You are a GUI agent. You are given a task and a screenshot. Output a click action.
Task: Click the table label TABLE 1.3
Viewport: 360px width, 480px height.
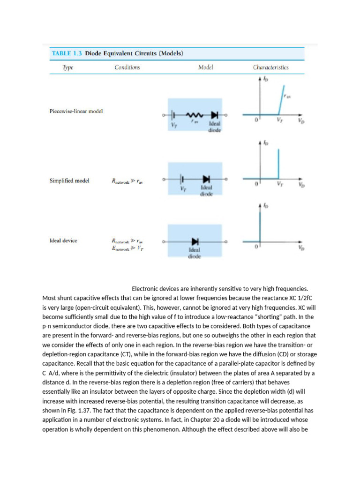point(66,53)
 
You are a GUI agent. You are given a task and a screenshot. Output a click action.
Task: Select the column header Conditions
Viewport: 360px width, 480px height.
point(127,67)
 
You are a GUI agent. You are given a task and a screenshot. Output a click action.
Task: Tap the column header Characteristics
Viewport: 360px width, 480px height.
point(270,67)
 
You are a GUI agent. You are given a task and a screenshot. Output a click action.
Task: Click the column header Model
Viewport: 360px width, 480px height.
point(205,67)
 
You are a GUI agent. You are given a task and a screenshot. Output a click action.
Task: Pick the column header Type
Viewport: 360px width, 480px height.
point(68,67)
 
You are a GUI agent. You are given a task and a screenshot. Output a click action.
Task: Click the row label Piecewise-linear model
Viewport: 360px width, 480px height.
point(76,111)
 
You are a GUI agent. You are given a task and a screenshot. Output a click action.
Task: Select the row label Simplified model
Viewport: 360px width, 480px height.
point(69,180)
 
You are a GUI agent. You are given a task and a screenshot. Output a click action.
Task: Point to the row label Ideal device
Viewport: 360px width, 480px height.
point(63,240)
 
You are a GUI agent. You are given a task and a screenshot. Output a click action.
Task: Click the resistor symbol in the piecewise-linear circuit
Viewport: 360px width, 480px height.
point(194,115)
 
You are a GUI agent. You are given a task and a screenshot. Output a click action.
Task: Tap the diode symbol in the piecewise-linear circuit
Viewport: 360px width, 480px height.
point(214,115)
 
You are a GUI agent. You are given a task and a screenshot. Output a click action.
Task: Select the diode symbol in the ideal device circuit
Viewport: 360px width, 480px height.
point(195,241)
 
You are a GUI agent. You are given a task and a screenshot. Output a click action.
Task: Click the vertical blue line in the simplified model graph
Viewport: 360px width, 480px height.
point(278,164)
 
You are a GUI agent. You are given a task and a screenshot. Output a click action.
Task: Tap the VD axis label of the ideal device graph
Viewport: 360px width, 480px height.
point(300,248)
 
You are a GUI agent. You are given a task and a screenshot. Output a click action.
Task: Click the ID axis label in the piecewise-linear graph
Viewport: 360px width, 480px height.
point(266,80)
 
